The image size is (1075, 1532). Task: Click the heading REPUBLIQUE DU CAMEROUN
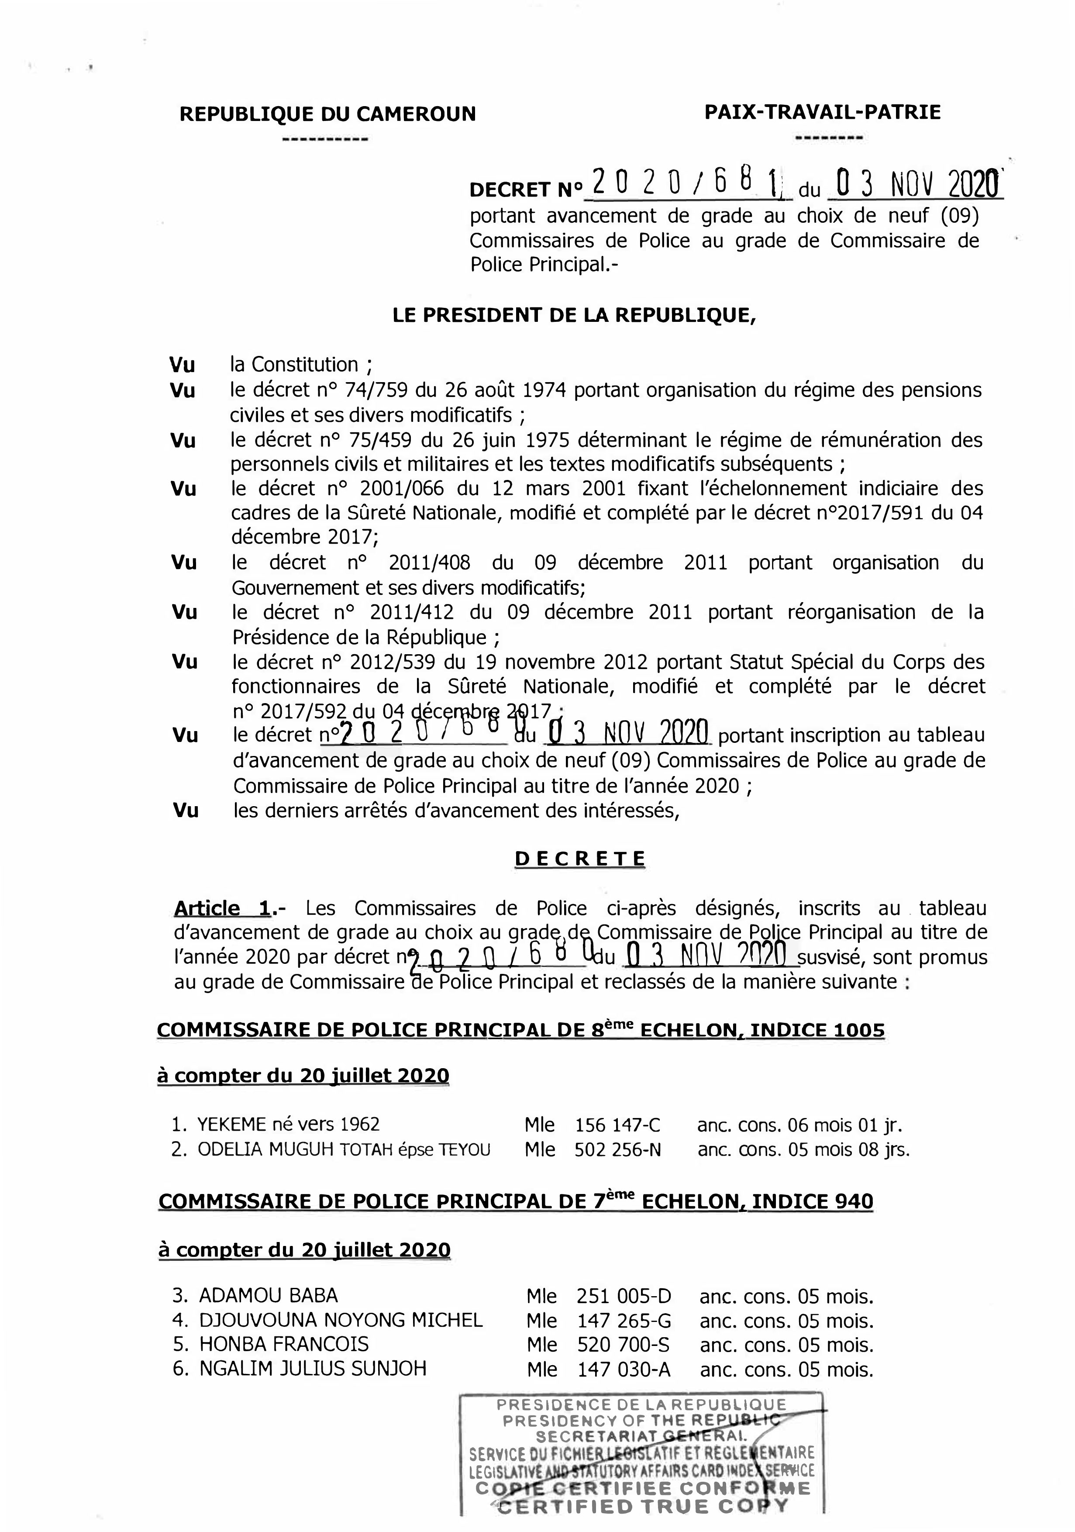pyautogui.click(x=327, y=114)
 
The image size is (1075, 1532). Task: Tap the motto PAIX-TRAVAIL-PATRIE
pyautogui.click(x=822, y=112)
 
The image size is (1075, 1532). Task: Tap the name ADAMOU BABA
pyautogui.click(x=268, y=1296)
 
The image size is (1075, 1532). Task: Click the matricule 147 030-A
pyautogui.click(x=623, y=1369)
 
